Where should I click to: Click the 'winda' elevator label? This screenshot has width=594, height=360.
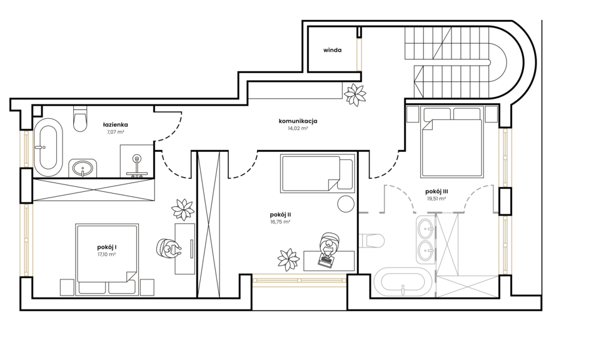tap(332, 50)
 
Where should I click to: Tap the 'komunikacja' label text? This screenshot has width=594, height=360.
tap(298, 121)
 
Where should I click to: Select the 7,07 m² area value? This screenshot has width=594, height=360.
tap(116, 132)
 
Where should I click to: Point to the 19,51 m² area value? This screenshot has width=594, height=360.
tap(436, 198)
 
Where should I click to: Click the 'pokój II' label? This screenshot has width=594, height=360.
tap(280, 215)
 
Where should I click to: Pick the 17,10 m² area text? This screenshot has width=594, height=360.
tap(106, 254)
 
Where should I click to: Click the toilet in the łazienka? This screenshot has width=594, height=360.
tap(80, 119)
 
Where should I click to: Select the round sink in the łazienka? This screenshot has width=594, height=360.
tap(83, 167)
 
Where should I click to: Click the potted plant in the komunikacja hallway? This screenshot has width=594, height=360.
tap(355, 94)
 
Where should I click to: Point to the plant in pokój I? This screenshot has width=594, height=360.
tap(183, 209)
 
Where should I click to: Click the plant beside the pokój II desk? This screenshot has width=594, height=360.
tap(289, 259)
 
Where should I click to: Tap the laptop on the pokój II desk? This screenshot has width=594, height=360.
tap(326, 261)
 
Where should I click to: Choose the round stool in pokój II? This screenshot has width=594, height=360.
tap(346, 204)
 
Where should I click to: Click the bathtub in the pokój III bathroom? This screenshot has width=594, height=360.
tap(403, 282)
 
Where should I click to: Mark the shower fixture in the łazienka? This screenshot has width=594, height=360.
tap(137, 166)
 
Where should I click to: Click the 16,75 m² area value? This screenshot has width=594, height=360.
tap(280, 222)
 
